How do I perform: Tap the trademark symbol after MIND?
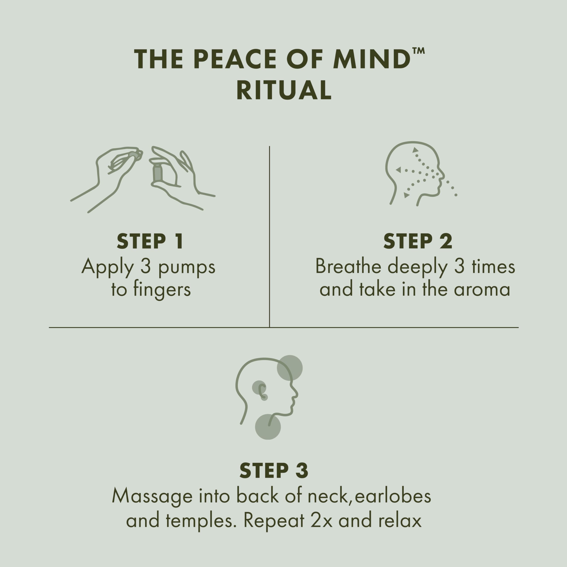click(418, 50)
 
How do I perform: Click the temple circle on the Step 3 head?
click(290, 368)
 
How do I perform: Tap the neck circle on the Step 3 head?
click(268, 427)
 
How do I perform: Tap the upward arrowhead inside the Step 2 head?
click(415, 150)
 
